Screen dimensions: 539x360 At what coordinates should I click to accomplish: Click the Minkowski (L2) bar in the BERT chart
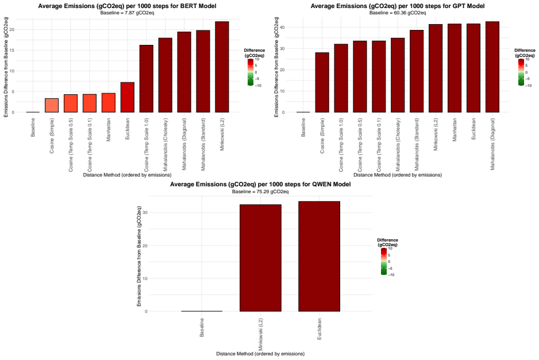[x=222, y=67]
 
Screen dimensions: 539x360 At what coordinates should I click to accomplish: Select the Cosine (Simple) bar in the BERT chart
[x=52, y=105]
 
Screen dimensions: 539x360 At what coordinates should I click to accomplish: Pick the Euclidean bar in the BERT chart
[x=128, y=97]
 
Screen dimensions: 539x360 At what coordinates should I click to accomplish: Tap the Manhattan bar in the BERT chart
[x=109, y=102]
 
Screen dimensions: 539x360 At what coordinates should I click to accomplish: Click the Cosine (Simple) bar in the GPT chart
[x=322, y=82]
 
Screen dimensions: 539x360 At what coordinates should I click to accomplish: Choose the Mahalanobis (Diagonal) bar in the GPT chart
[x=492, y=67]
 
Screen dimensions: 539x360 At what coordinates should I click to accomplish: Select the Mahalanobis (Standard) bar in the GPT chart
[x=417, y=71]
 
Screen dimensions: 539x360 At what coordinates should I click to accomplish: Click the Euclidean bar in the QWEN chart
[x=319, y=256]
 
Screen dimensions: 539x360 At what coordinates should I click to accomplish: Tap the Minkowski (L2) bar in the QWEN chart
[x=260, y=258]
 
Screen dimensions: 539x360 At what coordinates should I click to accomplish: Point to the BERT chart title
[x=127, y=6]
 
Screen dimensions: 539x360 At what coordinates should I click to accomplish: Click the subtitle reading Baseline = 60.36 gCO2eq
[x=398, y=13]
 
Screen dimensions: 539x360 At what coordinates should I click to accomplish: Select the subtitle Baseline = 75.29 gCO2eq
[x=260, y=192]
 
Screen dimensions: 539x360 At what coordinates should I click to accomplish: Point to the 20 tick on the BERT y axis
[x=12, y=29]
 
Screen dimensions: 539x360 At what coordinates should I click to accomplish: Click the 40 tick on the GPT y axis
[x=282, y=27]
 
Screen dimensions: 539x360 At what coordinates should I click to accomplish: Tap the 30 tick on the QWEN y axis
[x=145, y=212]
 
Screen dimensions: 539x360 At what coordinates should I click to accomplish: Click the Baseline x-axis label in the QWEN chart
[x=202, y=327]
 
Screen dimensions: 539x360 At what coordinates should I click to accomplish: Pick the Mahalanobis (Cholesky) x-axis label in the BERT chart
[x=165, y=145]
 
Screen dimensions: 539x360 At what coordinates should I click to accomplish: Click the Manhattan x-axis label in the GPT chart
[x=455, y=130]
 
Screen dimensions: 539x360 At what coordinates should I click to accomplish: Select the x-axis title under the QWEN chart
[x=260, y=354]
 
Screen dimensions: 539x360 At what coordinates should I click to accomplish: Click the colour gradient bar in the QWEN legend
[x=384, y=262]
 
